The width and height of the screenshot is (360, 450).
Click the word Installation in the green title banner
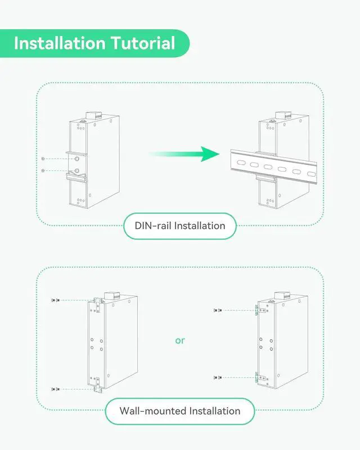coord(59,43)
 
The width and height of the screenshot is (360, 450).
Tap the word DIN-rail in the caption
coord(153,226)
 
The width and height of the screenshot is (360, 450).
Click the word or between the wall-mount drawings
coord(179,340)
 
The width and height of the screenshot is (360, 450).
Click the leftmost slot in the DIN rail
coord(239,163)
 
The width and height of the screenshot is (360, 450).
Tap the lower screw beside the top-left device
coord(43,170)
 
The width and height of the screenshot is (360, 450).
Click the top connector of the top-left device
coord(89,116)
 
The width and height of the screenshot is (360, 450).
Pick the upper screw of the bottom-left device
coord(54,300)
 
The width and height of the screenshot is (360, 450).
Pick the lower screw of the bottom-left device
coord(54,389)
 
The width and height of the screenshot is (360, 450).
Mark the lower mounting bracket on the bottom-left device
coord(97,384)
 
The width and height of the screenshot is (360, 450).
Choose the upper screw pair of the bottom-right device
coord(218,310)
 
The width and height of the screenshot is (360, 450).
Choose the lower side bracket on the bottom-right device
coord(257,378)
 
